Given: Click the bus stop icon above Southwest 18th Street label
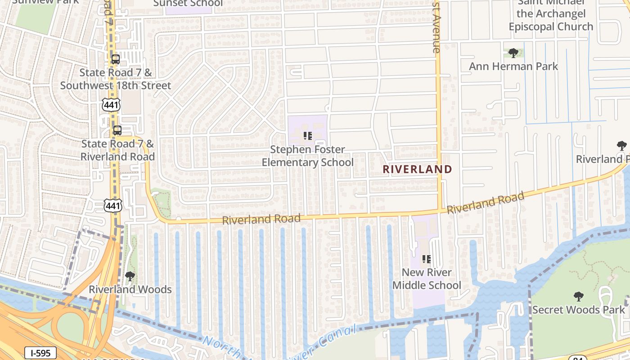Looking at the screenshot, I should [x=116, y=59].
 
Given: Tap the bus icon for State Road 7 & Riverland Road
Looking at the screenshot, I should [x=117, y=130].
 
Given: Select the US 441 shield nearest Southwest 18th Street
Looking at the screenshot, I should [x=111, y=105].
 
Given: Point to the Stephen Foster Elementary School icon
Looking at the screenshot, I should [x=308, y=135].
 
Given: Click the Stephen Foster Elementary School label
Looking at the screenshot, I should [x=308, y=156].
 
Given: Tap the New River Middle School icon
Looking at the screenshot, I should [x=427, y=259].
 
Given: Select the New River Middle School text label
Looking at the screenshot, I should [x=427, y=279].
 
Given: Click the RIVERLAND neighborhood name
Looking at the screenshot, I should [x=417, y=169].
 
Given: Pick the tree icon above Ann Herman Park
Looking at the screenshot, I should [x=513, y=53].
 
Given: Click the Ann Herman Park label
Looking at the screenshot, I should [x=513, y=67].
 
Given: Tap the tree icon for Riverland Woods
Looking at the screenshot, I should [x=130, y=276].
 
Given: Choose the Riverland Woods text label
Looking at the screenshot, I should [x=130, y=289].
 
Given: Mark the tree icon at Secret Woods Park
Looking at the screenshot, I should [x=579, y=296].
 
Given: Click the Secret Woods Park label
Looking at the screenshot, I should [x=579, y=310].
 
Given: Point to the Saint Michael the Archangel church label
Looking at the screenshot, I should [x=551, y=14].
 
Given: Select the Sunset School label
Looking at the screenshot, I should [x=188, y=4].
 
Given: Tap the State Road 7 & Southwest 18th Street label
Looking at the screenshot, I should [x=116, y=79].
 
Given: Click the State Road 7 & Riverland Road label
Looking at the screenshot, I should [x=117, y=150].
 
